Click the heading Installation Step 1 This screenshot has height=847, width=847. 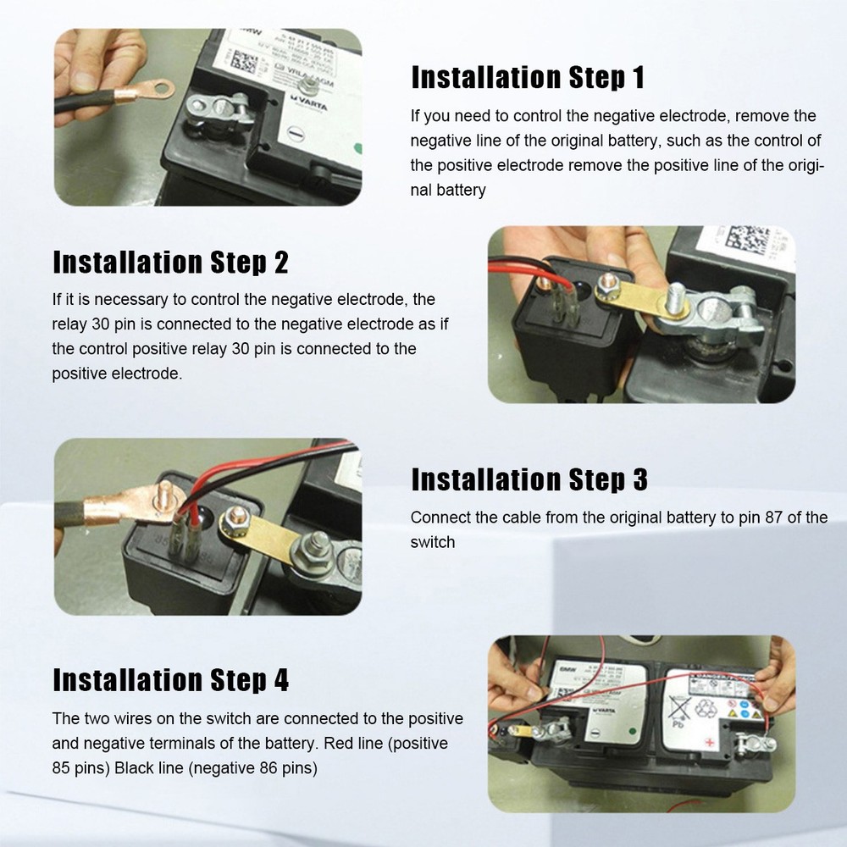tap(528, 77)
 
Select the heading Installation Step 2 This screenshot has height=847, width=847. tap(170, 263)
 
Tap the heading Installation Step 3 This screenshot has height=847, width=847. tap(529, 479)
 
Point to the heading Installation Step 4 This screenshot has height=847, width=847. tap(170, 679)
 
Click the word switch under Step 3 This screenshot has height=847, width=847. tap(432, 542)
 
